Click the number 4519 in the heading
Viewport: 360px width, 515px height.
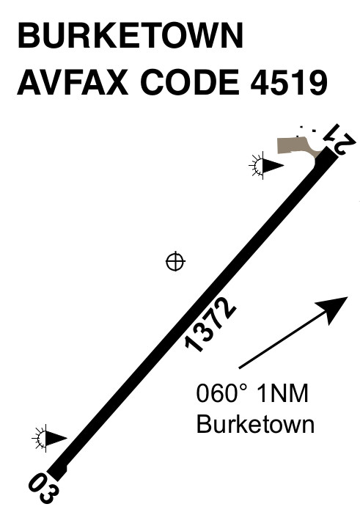click(x=289, y=81)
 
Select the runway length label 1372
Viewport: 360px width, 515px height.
click(x=210, y=324)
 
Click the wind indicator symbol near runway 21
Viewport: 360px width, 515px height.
click(x=266, y=166)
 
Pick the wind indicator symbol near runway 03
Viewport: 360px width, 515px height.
click(x=49, y=438)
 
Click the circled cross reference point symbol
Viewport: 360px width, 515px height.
click(x=175, y=261)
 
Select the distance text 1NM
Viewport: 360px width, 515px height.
click(x=282, y=393)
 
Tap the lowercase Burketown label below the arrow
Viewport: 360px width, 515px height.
click(x=255, y=424)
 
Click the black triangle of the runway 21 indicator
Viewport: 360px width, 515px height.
click(x=273, y=166)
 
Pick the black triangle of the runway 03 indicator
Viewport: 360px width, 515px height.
click(x=56, y=438)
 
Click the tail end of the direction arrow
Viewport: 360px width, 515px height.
click(x=240, y=368)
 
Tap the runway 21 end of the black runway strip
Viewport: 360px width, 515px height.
click(x=331, y=153)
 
